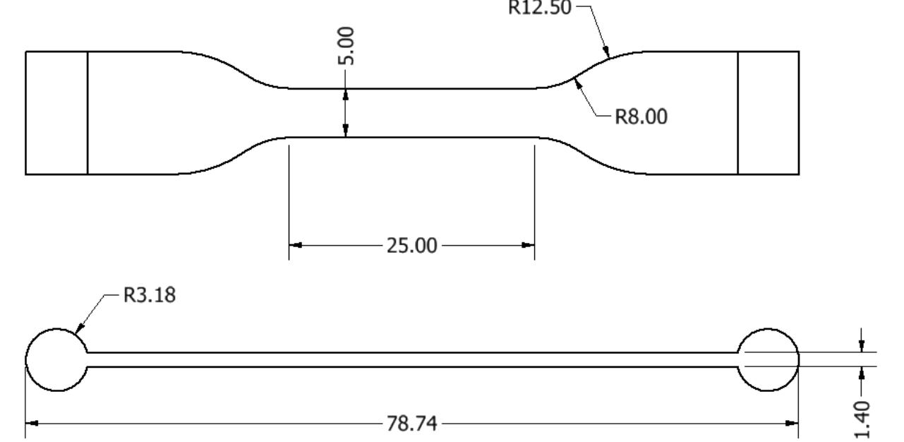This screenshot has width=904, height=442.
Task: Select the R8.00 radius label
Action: tap(641, 117)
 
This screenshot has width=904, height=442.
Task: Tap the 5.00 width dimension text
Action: tap(346, 47)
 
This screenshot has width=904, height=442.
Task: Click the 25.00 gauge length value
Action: tap(411, 246)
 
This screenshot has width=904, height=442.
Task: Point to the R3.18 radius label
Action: tap(150, 295)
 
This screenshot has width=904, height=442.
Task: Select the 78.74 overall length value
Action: tap(411, 424)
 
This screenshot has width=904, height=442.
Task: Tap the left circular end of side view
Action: tap(56, 359)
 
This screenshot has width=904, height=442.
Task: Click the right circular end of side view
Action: tap(768, 359)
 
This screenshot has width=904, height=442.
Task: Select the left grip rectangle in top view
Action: tap(56, 112)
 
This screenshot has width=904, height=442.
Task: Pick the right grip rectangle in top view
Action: tap(768, 112)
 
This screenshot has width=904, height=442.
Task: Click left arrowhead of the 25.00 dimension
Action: tap(296, 246)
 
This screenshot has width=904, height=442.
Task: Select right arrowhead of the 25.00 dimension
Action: tap(528, 246)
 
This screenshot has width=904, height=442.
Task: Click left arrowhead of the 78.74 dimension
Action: tap(32, 424)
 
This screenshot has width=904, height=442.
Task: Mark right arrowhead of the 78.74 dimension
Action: tap(792, 424)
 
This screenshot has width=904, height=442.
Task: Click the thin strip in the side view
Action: tap(411, 359)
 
